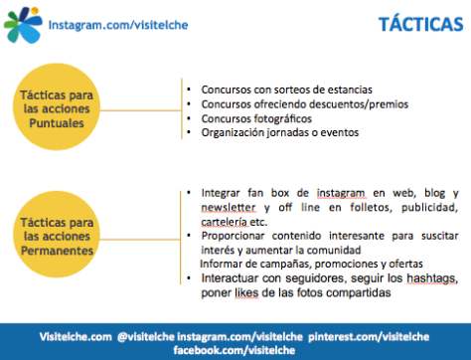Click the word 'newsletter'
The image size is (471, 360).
(215, 207)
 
